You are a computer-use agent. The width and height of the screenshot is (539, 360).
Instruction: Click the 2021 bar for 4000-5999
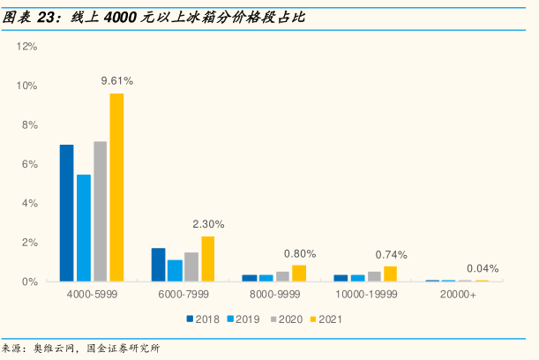(x=116, y=187)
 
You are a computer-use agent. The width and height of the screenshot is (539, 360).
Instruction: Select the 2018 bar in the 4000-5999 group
(x=66, y=213)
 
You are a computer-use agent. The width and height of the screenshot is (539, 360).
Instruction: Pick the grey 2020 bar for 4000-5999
(x=100, y=211)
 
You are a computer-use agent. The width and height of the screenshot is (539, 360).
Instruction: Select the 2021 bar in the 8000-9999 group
(x=299, y=273)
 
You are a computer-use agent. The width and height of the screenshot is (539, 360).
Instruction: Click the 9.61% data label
(x=117, y=80)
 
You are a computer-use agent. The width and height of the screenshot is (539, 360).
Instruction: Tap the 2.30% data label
(x=208, y=223)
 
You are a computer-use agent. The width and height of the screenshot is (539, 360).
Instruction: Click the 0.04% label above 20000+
(x=482, y=268)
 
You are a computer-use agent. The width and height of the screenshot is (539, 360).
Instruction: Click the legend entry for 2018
(x=201, y=318)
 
